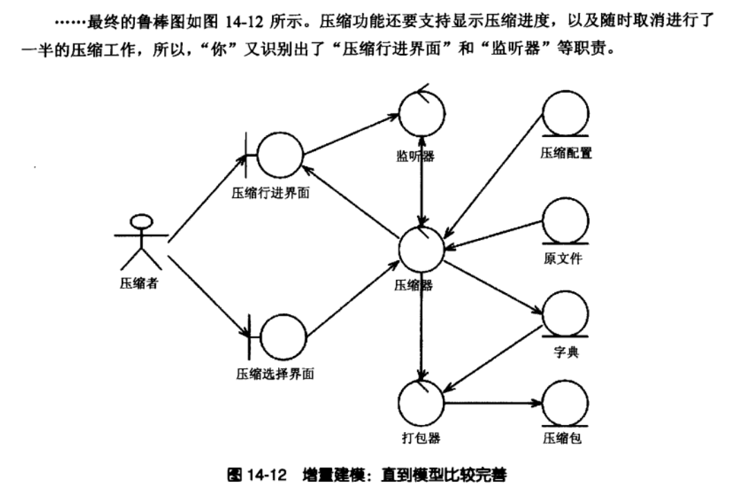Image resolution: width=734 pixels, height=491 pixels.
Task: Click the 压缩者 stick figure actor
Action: click(x=141, y=242)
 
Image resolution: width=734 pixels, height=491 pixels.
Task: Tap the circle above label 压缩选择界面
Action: click(x=283, y=337)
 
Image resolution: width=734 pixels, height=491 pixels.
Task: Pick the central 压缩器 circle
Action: click(x=422, y=249)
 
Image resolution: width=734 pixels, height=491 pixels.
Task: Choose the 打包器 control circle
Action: click(x=422, y=402)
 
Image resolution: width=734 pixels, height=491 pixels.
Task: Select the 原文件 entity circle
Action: click(x=566, y=222)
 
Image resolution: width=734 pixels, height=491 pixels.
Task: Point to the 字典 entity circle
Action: click(x=566, y=314)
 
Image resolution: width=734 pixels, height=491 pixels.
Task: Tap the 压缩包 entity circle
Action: click(x=566, y=402)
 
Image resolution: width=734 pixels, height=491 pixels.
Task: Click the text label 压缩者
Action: click(x=138, y=283)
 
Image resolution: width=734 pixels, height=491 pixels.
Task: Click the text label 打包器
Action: click(x=421, y=438)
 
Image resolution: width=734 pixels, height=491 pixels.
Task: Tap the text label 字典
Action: click(x=566, y=352)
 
